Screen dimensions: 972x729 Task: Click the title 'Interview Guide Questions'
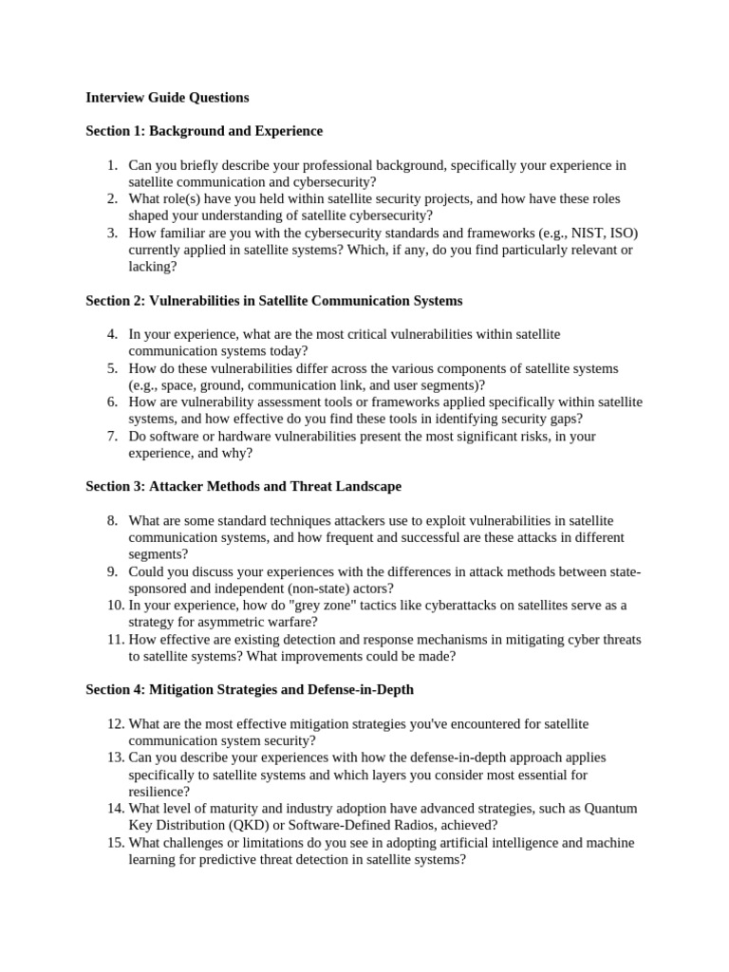click(167, 97)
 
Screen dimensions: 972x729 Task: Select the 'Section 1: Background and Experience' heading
click(204, 131)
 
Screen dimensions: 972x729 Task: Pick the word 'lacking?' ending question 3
click(153, 268)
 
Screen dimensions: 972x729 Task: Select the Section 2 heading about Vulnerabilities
click(273, 301)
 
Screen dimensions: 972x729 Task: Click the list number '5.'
click(112, 368)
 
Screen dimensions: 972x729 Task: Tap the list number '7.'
click(112, 437)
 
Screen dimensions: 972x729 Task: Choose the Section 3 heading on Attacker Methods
click(243, 487)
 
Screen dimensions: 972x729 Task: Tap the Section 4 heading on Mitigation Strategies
click(249, 690)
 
